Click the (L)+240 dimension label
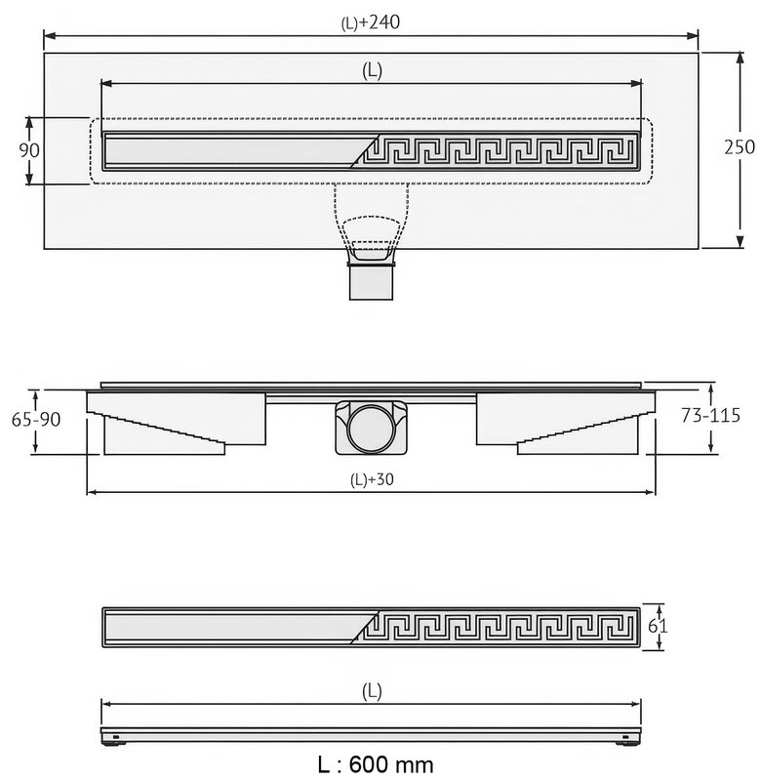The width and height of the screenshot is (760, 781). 371,22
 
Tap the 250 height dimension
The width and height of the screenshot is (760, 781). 740,147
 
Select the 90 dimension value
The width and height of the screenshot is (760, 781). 29,150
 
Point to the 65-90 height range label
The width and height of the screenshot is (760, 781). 36,420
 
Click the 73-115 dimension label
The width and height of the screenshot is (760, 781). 710,415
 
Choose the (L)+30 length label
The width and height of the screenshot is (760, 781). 372,479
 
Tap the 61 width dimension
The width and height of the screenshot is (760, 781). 657,626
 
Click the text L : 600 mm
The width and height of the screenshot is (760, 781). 376,764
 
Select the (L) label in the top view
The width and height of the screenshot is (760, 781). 372,71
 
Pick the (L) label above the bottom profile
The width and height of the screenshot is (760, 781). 372,691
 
